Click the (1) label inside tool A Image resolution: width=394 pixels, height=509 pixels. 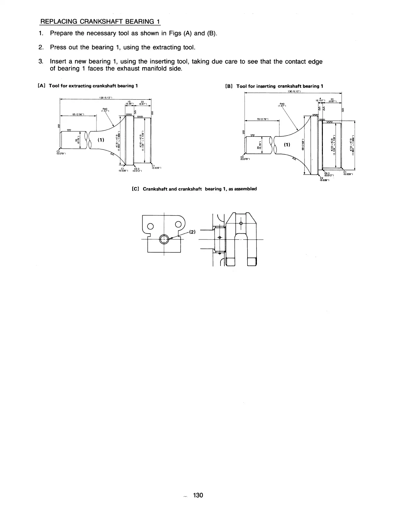tap(101, 140)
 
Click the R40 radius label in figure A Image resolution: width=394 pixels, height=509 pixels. tap(104, 110)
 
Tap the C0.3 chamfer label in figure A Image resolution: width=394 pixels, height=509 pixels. tap(136, 170)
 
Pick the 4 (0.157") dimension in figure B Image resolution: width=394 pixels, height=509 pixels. tap(321, 100)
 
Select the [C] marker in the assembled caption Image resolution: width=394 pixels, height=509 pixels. tap(135, 189)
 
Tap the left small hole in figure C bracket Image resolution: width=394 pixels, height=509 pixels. tap(150, 226)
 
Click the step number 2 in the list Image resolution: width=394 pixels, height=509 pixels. tap(41, 47)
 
